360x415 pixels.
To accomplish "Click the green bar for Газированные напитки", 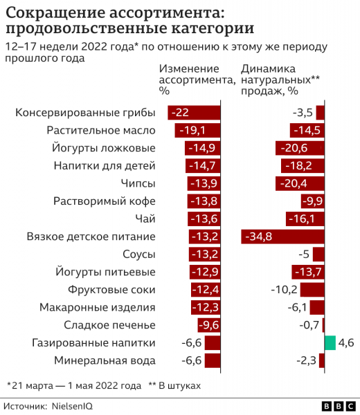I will (x=330, y=342).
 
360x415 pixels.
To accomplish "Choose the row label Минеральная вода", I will (x=105, y=360).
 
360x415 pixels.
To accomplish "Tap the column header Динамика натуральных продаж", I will (x=280, y=79).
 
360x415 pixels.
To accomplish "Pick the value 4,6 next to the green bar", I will (x=346, y=342).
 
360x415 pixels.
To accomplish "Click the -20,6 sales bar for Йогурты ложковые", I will (x=300, y=148).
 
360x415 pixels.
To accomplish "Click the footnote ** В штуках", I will (x=174, y=384).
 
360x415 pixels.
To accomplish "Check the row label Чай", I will (x=145, y=219).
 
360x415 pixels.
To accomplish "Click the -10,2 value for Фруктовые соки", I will (x=284, y=290).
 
